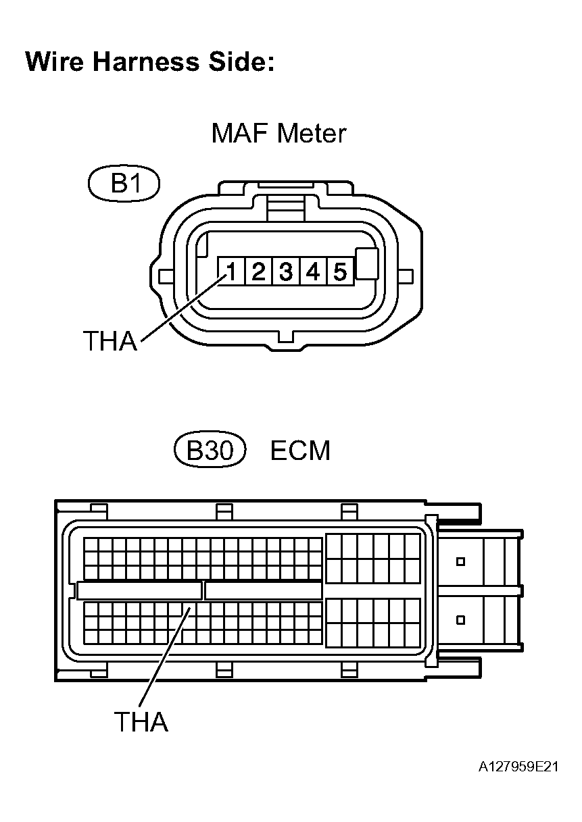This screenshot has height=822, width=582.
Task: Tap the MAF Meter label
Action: (278, 133)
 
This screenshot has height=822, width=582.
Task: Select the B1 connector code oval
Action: (124, 183)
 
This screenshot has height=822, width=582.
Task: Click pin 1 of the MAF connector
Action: (231, 272)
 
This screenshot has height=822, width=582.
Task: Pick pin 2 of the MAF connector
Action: (258, 272)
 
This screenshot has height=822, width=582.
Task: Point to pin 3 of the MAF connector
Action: (285, 272)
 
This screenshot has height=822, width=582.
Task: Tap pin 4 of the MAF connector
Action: (312, 272)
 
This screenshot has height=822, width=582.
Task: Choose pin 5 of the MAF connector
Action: (339, 272)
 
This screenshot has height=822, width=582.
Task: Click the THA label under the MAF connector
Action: (110, 342)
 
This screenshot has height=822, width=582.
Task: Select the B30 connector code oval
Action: (209, 451)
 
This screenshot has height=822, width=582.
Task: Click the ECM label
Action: (300, 451)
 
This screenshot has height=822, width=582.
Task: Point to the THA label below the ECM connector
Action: (141, 722)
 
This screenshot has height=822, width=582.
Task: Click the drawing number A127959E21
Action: (519, 767)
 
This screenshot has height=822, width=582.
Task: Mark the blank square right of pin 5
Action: (366, 263)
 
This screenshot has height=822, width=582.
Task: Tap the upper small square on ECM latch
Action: (460, 561)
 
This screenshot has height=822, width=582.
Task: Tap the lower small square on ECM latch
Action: (460, 619)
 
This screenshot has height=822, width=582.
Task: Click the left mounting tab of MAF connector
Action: (164, 276)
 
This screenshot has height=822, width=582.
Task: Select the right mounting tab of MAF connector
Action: (406, 276)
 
